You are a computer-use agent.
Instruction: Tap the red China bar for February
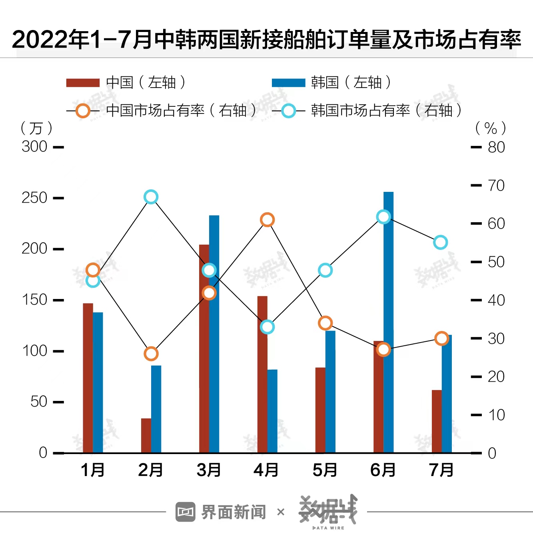point(146,435)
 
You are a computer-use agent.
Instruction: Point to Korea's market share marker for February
point(151,197)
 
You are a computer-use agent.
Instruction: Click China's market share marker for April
point(267,220)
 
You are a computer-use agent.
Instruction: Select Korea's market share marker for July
point(440,242)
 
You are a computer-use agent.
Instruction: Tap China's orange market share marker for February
point(151,354)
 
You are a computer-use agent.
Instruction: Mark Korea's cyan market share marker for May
point(325,271)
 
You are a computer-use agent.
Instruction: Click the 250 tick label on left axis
point(34,198)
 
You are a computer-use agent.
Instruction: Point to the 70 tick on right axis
point(496,185)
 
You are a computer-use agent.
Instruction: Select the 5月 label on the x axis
point(325,470)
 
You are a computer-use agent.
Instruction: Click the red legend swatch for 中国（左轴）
point(83,83)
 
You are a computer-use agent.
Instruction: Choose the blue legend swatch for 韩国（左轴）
point(288,83)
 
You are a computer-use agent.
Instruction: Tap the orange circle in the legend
point(83,111)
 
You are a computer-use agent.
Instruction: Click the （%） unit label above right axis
point(490,128)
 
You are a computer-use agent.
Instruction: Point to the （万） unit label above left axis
point(36,128)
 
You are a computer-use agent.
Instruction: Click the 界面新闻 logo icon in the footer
point(185,512)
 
